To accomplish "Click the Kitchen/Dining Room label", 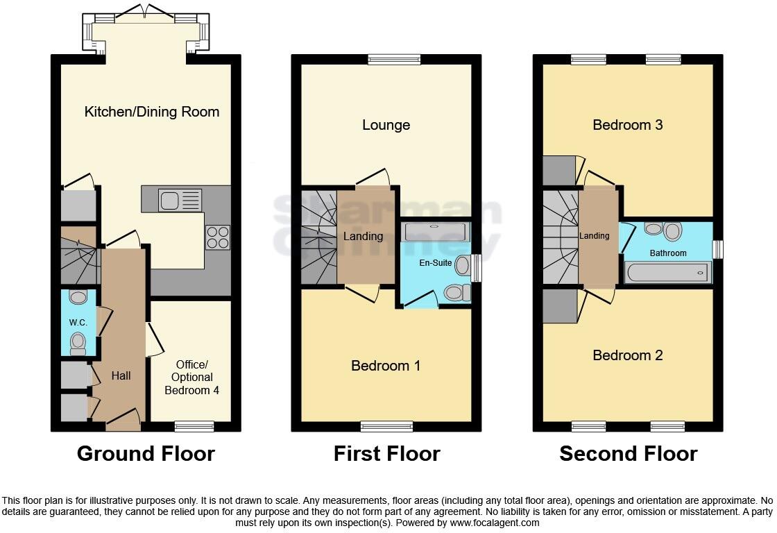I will [x=152, y=112].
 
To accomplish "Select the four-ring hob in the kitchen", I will [x=218, y=238].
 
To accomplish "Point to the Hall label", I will [x=121, y=375].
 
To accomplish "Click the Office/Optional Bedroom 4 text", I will [x=191, y=378].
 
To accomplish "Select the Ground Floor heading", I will [x=146, y=454].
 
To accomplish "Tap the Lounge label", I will [x=386, y=125].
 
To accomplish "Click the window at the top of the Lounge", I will [x=394, y=60].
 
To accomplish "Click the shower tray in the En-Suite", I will [x=436, y=232].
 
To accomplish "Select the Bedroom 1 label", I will [x=386, y=366].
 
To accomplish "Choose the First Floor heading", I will [x=386, y=454].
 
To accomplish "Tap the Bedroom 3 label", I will [x=628, y=125].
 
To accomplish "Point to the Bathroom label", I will [x=668, y=253].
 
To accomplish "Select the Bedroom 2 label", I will [x=628, y=355].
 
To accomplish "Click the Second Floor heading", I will [x=628, y=454].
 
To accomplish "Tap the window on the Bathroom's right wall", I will [x=718, y=249].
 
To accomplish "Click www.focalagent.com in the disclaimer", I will [x=495, y=523].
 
